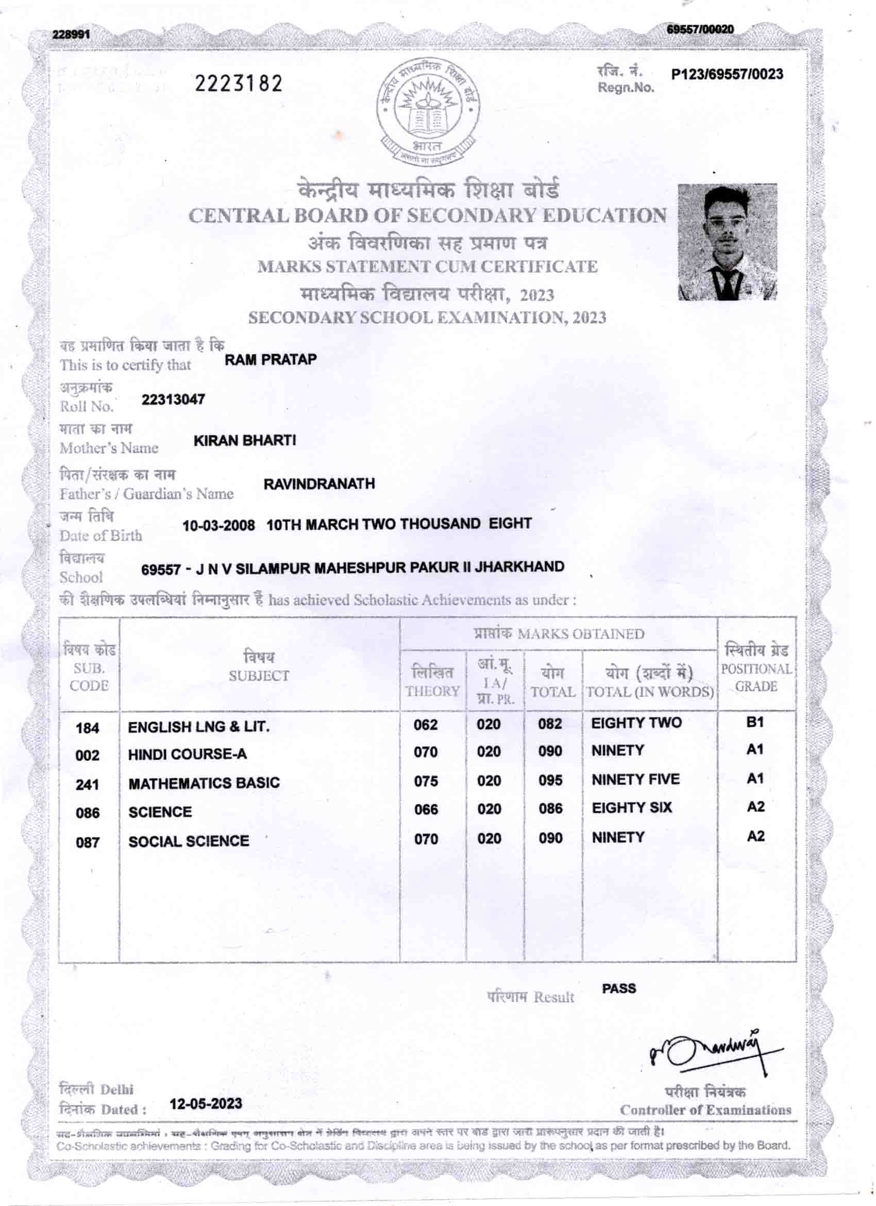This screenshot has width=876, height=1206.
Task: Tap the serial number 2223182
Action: click(x=239, y=83)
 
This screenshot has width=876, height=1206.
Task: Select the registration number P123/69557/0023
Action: click(x=727, y=74)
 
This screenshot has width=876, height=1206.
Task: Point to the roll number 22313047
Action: click(x=173, y=400)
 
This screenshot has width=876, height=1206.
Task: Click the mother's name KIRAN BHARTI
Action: click(x=245, y=441)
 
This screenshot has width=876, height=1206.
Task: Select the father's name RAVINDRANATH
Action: click(x=319, y=484)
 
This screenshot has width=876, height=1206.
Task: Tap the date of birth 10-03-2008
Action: click(x=218, y=526)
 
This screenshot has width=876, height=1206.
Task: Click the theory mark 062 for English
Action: click(x=426, y=725)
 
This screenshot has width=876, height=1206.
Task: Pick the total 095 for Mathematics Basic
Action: click(x=550, y=781)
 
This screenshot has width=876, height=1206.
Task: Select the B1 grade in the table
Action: click(x=755, y=722)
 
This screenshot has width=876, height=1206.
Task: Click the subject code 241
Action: click(x=87, y=784)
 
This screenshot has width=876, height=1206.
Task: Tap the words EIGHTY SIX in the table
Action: click(x=631, y=808)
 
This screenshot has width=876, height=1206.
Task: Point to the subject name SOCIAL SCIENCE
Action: click(x=189, y=841)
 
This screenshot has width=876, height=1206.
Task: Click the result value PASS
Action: click(x=619, y=989)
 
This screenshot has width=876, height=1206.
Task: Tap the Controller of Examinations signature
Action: click(x=712, y=1052)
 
